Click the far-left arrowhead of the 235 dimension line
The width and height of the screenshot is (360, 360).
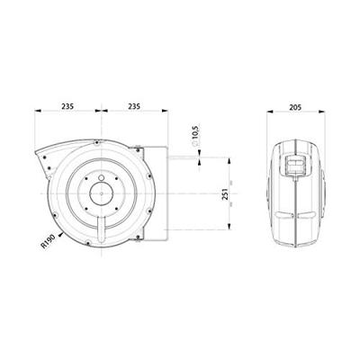(36, 112)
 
